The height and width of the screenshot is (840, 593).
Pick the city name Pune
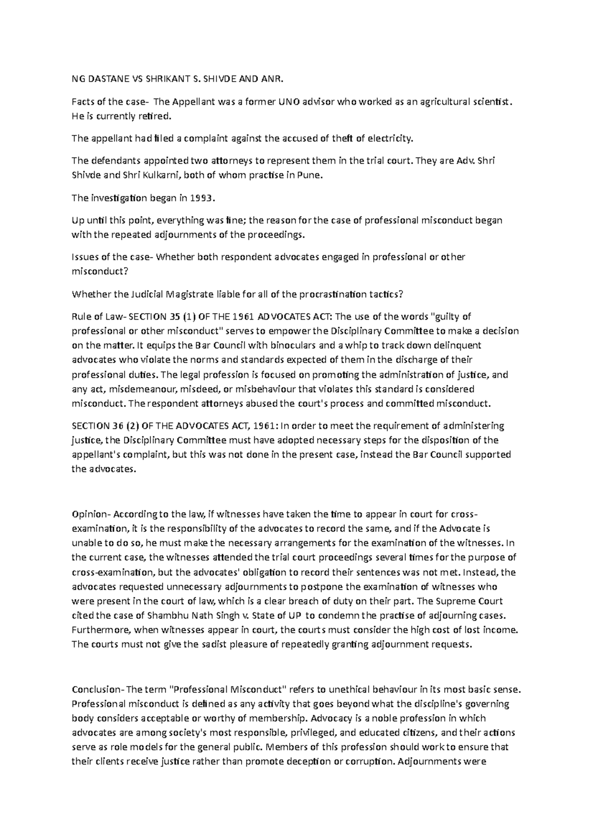pyautogui.click(x=311, y=176)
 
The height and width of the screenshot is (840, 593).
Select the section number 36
pyautogui.click(x=121, y=425)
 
